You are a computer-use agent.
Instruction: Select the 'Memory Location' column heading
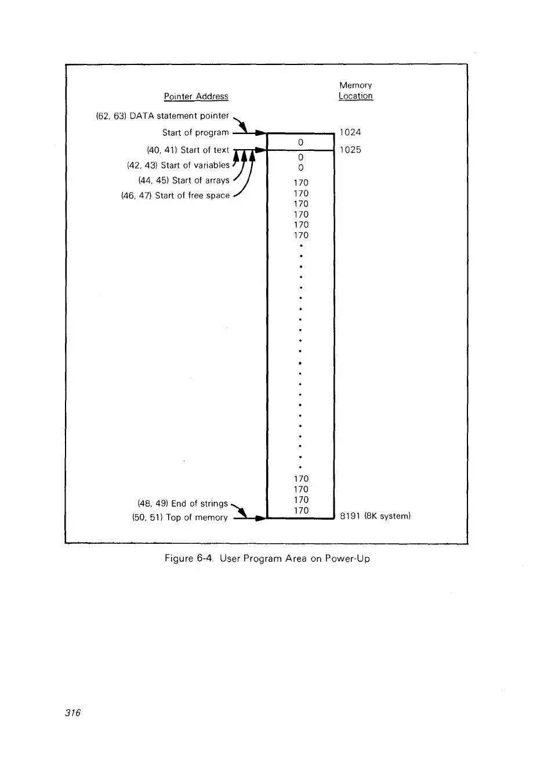(x=355, y=91)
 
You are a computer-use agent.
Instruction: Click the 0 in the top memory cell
(x=300, y=141)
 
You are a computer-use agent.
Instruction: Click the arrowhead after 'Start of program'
(x=260, y=133)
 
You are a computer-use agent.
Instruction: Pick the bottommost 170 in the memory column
(x=300, y=510)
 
